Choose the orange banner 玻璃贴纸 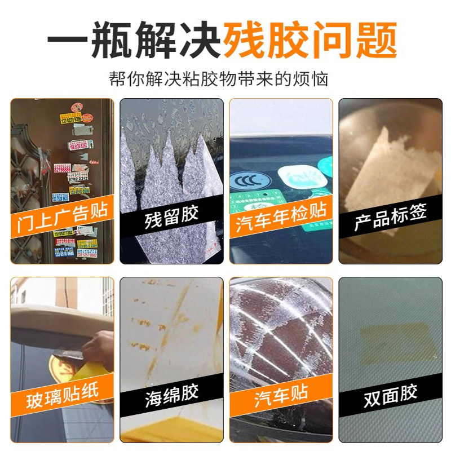pos(63,393)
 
